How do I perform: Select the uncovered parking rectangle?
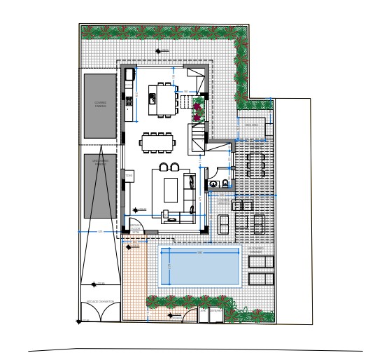101,185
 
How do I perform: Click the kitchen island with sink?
165,98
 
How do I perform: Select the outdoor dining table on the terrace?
255,165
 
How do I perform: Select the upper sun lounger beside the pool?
261,261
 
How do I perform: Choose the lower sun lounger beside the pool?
261,278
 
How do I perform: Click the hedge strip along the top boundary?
164,32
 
